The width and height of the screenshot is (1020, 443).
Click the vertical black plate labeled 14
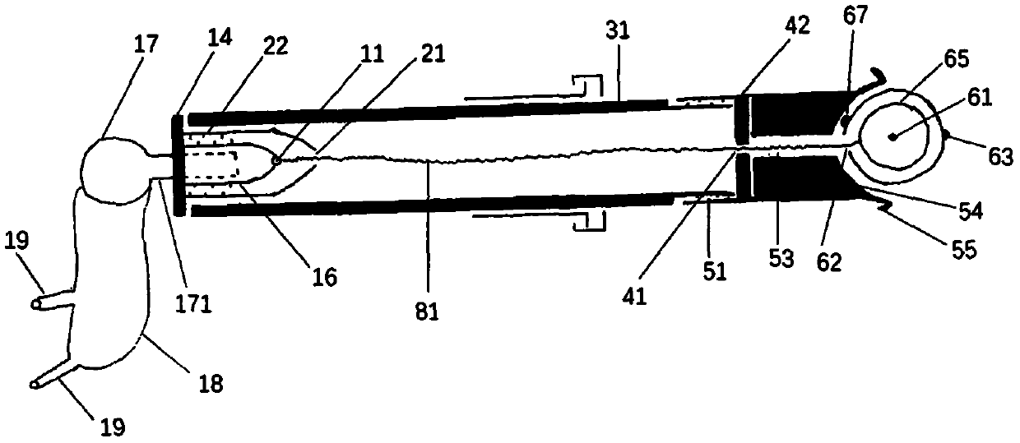click(178, 165)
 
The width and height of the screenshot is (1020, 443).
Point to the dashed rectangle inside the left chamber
click(211, 164)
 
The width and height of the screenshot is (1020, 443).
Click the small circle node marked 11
click(277, 159)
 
